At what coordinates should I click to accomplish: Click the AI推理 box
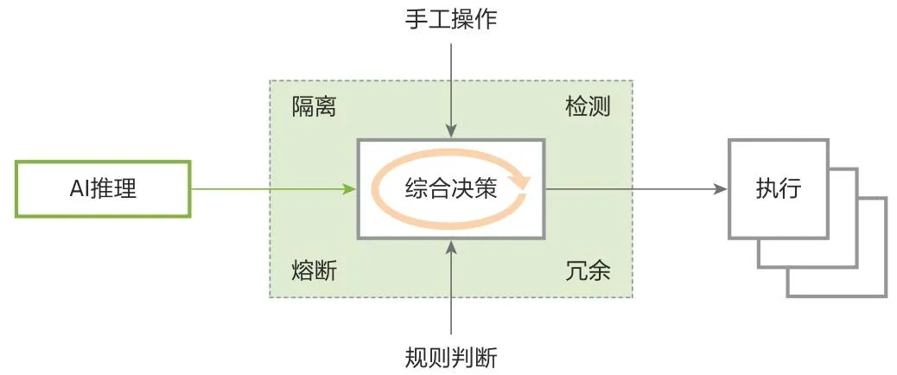point(102,188)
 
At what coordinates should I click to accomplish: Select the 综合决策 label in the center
point(450,188)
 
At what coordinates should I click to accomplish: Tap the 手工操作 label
point(450,19)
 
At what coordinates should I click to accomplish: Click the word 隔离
point(314,107)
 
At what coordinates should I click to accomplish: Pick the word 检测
point(588,107)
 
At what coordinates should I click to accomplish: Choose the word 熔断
point(314,270)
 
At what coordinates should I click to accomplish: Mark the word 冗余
point(588,270)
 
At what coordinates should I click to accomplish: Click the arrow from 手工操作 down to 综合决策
point(450,86)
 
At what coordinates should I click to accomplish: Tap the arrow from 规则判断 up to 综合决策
point(450,289)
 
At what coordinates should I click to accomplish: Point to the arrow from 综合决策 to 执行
point(631,188)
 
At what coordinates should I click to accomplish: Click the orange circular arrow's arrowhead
point(520,181)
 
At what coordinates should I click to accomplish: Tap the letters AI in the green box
point(79,188)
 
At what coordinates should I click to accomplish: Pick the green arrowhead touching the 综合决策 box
point(351,188)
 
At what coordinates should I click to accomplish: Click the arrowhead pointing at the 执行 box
point(719,188)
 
